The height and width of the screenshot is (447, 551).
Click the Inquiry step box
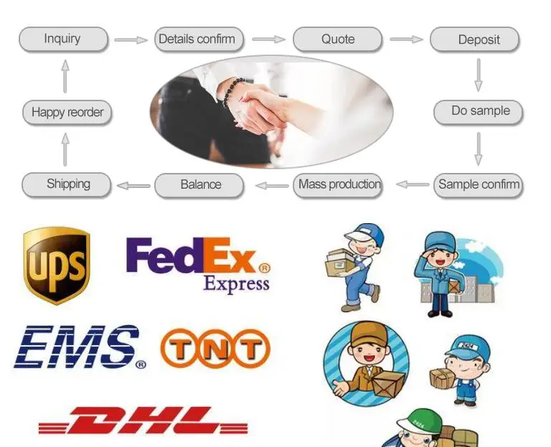(63, 39)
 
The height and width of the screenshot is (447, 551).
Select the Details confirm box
(197, 39)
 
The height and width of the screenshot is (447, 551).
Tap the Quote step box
(338, 39)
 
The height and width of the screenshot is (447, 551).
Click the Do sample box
(479, 111)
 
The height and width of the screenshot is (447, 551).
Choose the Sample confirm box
(479, 184)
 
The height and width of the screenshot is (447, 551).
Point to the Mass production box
(339, 184)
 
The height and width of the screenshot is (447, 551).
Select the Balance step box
(201, 184)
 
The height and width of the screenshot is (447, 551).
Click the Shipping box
(67, 184)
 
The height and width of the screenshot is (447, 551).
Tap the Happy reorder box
(67, 113)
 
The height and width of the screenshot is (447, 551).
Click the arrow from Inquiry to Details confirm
(131, 39)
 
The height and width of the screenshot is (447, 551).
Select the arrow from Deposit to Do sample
(478, 75)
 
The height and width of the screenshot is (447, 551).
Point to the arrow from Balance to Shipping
(133, 186)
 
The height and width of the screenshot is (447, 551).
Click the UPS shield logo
(57, 265)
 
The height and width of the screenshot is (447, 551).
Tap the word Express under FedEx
(236, 283)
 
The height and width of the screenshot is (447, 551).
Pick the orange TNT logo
(215, 349)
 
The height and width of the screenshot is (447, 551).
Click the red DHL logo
(143, 421)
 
